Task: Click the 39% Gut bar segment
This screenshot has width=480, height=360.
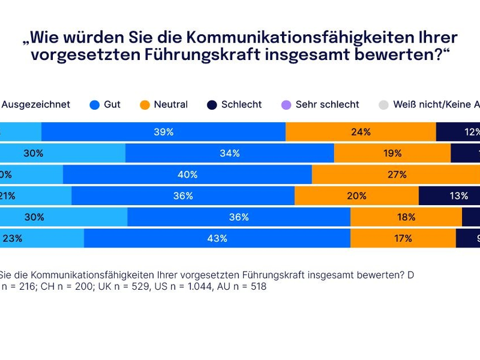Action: click(x=163, y=132)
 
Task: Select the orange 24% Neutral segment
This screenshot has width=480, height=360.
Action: click(x=361, y=132)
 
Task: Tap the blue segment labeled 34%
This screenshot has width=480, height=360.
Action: click(x=229, y=153)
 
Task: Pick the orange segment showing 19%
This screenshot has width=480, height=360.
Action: click(x=392, y=153)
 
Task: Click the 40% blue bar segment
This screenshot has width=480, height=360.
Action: click(x=187, y=175)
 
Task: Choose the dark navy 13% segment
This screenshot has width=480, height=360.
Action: click(x=449, y=196)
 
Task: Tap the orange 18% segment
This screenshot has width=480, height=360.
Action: click(x=406, y=217)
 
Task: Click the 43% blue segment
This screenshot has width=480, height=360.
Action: click(x=217, y=238)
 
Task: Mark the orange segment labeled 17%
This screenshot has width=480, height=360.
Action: click(x=403, y=238)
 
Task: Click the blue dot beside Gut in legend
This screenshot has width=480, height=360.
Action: click(x=94, y=104)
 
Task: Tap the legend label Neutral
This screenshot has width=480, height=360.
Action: click(x=170, y=104)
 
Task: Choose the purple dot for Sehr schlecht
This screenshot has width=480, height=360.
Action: click(x=286, y=104)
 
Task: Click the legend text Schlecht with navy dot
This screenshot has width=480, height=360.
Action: click(x=241, y=104)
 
